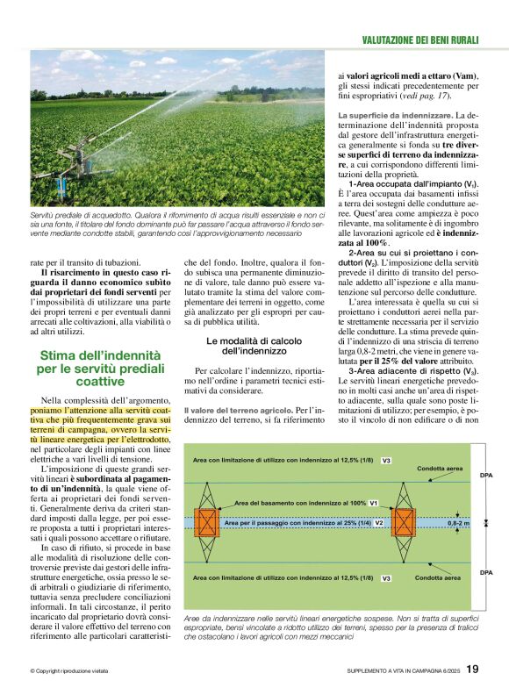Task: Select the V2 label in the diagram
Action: pyautogui.click(x=379, y=522)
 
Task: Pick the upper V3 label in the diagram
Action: pyautogui.click(x=386, y=461)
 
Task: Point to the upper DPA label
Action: pyautogui.click(x=486, y=475)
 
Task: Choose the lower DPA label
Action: pyautogui.click(x=486, y=571)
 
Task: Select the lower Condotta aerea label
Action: pyautogui.click(x=437, y=578)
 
